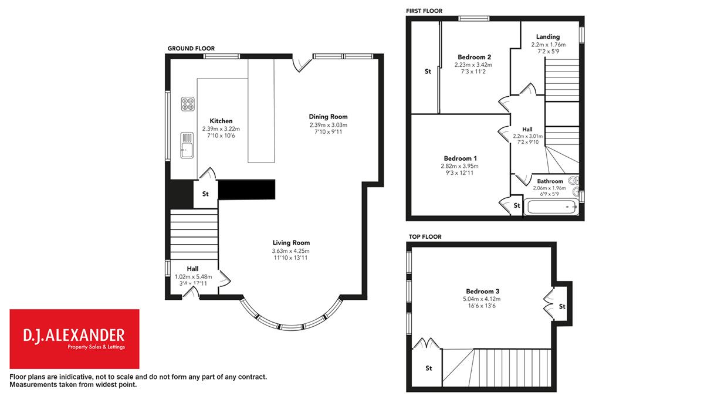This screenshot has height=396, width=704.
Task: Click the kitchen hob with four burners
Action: pyautogui.click(x=188, y=104)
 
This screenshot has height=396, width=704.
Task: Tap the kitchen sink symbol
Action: pyautogui.click(x=187, y=145)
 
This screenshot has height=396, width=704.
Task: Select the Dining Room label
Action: pyautogui.click(x=328, y=117)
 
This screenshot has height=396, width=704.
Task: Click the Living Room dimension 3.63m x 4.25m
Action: pyautogui.click(x=291, y=251)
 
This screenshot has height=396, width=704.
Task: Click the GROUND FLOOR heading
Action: pyautogui.click(x=191, y=48)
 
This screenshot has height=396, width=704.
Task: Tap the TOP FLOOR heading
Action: pyautogui.click(x=425, y=236)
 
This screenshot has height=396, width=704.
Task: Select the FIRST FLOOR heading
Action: pyautogui.click(x=424, y=11)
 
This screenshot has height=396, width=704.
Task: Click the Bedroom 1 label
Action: pyautogui.click(x=460, y=158)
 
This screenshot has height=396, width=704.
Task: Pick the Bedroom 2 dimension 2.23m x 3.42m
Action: pyautogui.click(x=473, y=65)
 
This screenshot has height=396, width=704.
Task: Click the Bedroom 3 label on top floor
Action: pyautogui.click(x=482, y=292)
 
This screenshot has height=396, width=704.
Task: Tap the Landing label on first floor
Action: pyautogui.click(x=548, y=37)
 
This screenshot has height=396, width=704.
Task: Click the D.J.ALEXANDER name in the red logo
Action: pyautogui.click(x=74, y=336)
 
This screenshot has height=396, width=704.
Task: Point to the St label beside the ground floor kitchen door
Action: pyautogui.click(x=205, y=194)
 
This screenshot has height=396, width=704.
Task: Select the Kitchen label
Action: pyautogui.click(x=221, y=121)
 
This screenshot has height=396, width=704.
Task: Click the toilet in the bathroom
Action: pyautogui.click(x=574, y=181)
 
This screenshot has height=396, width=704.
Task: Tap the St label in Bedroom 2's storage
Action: pyautogui.click(x=428, y=72)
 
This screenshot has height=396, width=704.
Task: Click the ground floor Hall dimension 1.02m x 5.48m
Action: pyautogui.click(x=193, y=276)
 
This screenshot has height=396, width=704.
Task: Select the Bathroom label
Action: pyautogui.click(x=550, y=181)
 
